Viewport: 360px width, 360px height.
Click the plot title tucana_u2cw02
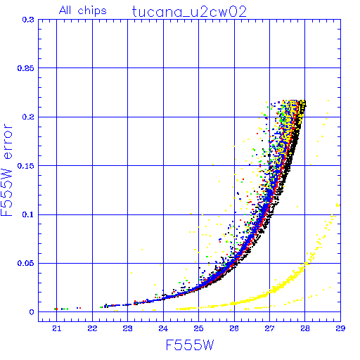pos(189,12)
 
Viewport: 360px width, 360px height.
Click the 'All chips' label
pos(83,11)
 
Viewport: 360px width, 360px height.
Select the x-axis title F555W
pos(190,345)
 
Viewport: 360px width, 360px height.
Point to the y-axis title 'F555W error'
pos(6,170)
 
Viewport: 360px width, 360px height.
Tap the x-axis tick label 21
pos(57,328)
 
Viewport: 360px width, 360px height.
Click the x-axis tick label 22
pos(92,328)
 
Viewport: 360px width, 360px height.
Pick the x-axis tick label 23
pos(128,328)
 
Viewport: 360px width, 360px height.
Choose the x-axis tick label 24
pos(163,328)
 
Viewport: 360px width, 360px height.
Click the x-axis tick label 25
pos(199,328)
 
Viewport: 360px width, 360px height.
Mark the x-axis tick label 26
pos(234,328)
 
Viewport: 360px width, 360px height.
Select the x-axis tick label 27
pos(269,328)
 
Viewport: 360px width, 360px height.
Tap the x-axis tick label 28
pos(305,328)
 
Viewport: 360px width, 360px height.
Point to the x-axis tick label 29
pos(340,328)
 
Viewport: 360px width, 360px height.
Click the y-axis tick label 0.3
pos(28,20)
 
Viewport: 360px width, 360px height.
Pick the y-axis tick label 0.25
pos(26,68)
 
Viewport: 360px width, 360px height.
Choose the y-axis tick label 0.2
pos(28,117)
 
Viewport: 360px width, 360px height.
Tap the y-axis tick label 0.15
pos(26,166)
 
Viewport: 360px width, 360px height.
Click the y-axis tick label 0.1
pos(28,214)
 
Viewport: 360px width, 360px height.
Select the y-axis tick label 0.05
pos(26,263)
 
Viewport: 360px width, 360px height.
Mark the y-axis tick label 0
pos(32,312)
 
